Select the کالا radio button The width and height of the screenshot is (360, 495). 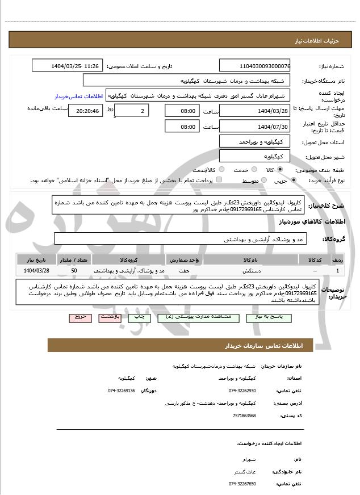[278, 170]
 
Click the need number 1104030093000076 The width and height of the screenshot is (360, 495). [254, 66]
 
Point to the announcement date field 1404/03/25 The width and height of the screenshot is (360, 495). [66, 66]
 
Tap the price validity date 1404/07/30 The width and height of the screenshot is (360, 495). [254, 126]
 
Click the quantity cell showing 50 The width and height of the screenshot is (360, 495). [74, 271]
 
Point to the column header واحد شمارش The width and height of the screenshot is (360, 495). [184, 259]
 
